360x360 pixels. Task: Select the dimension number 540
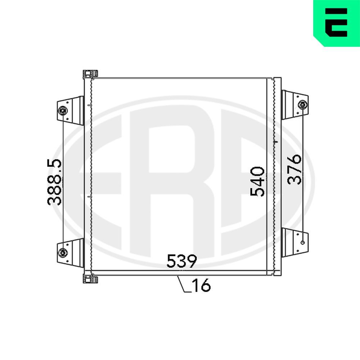coord(258,181)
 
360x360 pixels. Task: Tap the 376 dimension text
coord(294,169)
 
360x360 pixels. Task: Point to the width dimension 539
coord(181,261)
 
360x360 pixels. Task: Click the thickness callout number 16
coord(201,286)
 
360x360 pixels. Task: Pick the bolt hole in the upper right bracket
coord(302,105)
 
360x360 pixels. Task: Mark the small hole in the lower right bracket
coord(302,242)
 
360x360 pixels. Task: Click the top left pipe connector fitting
coord(90,74)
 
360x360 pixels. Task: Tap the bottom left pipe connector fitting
coord(90,279)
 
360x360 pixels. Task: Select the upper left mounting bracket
coord(70,110)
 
